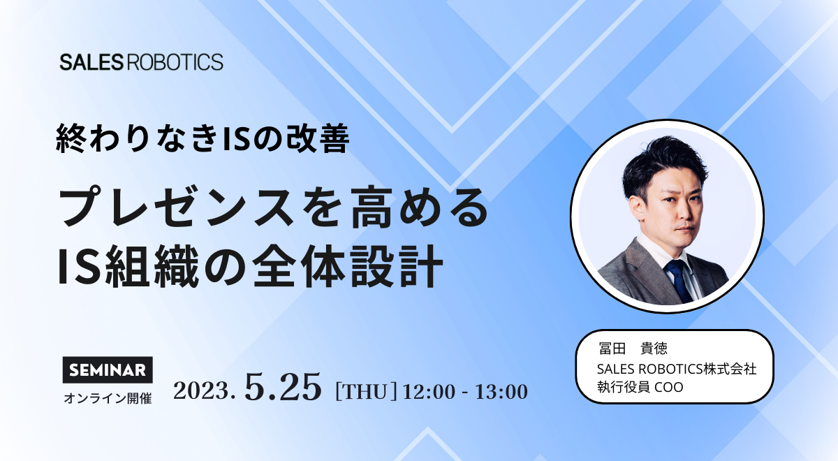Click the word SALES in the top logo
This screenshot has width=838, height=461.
(91, 62)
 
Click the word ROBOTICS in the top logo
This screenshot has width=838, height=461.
(175, 62)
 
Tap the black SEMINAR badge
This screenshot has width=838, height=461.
(108, 370)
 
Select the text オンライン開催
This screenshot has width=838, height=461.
(108, 399)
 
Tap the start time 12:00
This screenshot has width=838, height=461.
(429, 392)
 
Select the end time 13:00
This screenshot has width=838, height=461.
(501, 392)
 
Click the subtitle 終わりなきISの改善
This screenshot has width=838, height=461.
(203, 138)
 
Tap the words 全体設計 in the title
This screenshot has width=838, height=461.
(347, 266)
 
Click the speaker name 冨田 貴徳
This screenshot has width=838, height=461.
(633, 348)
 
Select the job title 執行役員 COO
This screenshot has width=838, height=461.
(640, 387)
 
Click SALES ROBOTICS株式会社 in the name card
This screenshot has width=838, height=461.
(677, 369)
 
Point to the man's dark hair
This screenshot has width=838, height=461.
(664, 165)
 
